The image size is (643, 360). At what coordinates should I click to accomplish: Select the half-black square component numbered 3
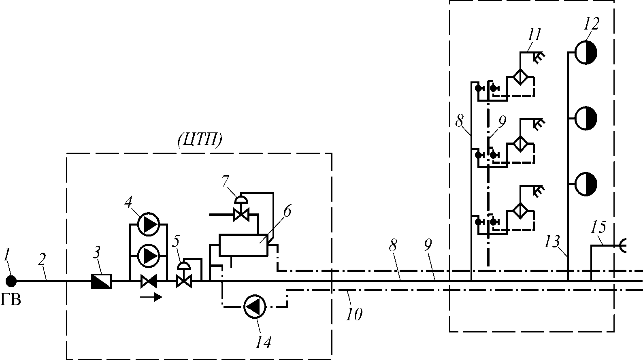coord(101,281)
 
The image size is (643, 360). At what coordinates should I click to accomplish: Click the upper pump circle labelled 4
coord(148,224)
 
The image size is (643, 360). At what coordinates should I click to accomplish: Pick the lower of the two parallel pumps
coord(148,255)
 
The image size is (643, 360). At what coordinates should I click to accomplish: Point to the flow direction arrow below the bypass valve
coord(151,297)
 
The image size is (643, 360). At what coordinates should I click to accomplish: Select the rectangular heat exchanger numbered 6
coord(244,245)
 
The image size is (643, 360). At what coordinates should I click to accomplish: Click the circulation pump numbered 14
coord(255,307)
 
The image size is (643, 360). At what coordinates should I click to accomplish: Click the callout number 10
coord(354,314)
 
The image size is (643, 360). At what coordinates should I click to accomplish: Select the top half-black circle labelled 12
coord(586,52)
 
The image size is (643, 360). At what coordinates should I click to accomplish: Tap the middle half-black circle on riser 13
coord(586,118)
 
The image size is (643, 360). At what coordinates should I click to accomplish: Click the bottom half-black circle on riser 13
coord(586,184)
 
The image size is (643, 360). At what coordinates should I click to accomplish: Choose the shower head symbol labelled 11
coord(539,57)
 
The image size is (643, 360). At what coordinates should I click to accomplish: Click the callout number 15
coord(598,227)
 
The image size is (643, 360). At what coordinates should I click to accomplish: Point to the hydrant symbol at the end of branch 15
coord(622,246)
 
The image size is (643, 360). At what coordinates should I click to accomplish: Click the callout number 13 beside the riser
coord(552,241)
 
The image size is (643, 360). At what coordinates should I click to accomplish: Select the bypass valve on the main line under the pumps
coord(149,281)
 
